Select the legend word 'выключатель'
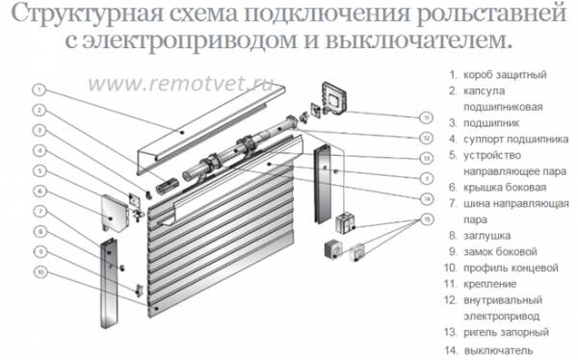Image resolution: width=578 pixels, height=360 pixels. (x=499, y=349)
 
